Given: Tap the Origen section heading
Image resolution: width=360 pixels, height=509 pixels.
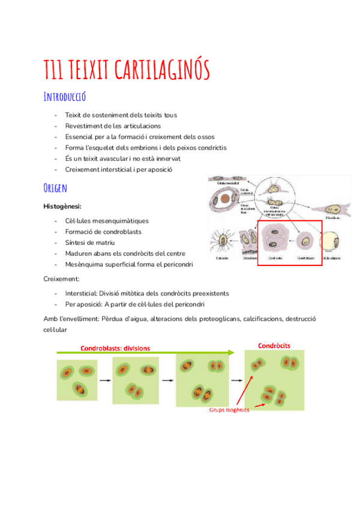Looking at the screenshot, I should (x=55, y=188).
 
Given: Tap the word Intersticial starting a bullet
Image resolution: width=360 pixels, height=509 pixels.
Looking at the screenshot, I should (x=83, y=293).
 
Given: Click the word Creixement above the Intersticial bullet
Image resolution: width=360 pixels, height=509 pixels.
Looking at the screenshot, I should (x=61, y=279).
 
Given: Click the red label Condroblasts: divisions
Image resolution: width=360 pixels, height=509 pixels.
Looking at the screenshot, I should (x=115, y=348).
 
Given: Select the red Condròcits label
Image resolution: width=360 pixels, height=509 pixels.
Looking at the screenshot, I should (x=274, y=346).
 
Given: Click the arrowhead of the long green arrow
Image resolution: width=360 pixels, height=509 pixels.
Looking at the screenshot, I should (x=232, y=354).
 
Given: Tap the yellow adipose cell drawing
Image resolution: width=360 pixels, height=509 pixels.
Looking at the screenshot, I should (x=332, y=243).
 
